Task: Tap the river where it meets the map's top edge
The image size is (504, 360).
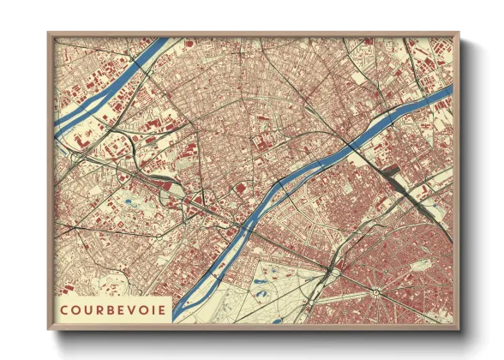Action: [159, 40]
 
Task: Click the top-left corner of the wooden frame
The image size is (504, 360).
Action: [49, 33]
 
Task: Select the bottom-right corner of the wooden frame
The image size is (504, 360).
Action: [459, 328]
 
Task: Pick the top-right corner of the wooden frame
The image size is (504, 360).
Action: [459, 33]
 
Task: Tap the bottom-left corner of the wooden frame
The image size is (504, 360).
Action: [49, 328]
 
